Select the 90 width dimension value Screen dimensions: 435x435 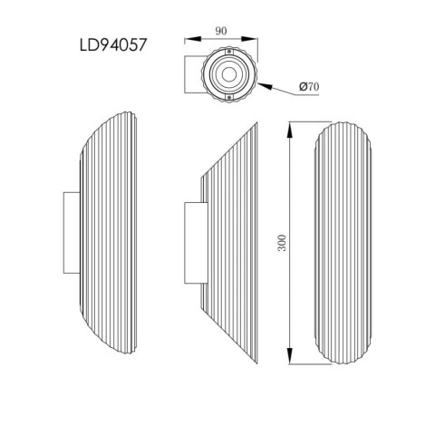tap(220, 31)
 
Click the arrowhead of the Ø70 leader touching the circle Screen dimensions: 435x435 tap(260, 82)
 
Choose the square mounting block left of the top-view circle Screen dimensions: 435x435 tap(197, 73)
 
